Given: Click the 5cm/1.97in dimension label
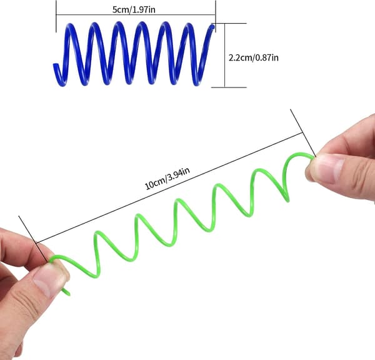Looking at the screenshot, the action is [134, 10].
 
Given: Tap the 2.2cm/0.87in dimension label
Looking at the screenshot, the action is [254, 58].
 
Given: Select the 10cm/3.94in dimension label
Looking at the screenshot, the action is [167, 179].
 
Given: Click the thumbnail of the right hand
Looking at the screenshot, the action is [327, 168].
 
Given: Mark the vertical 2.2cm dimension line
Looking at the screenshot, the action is [225, 55].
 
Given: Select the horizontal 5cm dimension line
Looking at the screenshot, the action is [136, 15].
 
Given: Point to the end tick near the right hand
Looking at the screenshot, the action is [303, 133].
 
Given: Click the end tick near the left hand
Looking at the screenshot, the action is [33, 239].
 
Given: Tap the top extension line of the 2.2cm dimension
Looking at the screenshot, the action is [229, 23].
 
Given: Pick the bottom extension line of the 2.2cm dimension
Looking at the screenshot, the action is [229, 87].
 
